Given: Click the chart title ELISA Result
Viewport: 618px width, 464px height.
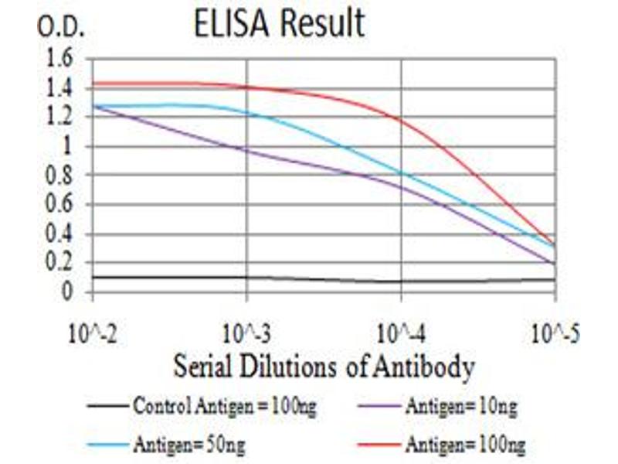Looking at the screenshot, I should click(x=279, y=25).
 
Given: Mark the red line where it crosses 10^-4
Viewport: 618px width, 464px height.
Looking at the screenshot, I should click(x=401, y=119).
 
